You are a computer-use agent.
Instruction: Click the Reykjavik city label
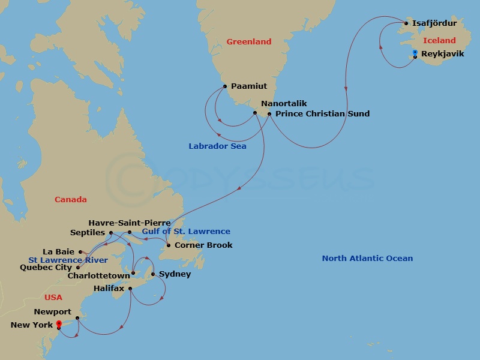pyautogui.click(x=442, y=53)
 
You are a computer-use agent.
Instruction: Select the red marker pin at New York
pyautogui.click(x=59, y=324)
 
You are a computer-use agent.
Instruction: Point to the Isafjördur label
pyautogui.click(x=434, y=23)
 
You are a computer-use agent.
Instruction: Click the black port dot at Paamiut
pyautogui.click(x=224, y=86)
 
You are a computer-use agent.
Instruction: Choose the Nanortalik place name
pyautogui.click(x=284, y=103)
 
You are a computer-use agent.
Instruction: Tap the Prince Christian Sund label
pyautogui.click(x=322, y=113)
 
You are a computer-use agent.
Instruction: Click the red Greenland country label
pyautogui.click(x=248, y=41)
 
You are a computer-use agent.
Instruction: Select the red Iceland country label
pyautogui.click(x=439, y=41)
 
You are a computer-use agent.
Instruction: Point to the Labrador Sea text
pyautogui.click(x=217, y=146)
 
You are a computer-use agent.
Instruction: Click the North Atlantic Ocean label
pyautogui.click(x=367, y=258)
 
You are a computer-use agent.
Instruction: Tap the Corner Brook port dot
pyautogui.click(x=168, y=245)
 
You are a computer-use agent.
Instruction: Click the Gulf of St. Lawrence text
pyautogui.click(x=186, y=231)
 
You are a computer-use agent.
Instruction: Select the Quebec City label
pyautogui.click(x=46, y=268)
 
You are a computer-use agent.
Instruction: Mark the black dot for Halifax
pyautogui.click(x=130, y=289)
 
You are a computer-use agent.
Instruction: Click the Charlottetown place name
pyautogui.click(x=98, y=275)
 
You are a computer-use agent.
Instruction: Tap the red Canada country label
pyautogui.click(x=71, y=199)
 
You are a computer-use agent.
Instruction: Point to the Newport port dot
pyautogui.click(x=77, y=318)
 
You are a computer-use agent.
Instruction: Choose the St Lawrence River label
pyautogui.click(x=68, y=260)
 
